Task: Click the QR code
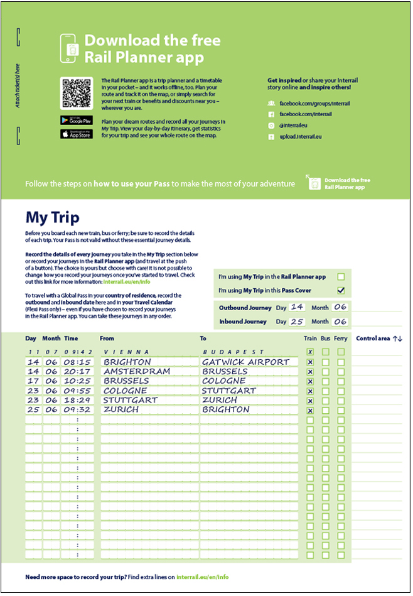click(x=76, y=93)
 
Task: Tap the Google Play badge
click(x=76, y=120)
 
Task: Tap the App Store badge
click(x=76, y=134)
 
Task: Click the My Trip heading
click(x=52, y=217)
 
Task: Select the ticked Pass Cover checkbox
click(x=341, y=290)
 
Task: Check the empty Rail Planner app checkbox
click(x=341, y=276)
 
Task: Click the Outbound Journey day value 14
click(x=297, y=306)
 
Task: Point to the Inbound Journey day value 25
click(x=297, y=321)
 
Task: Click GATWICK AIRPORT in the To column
click(x=245, y=362)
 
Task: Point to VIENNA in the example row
click(x=126, y=352)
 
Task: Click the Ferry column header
click(x=340, y=339)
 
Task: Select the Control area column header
click(x=378, y=339)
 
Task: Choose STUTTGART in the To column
click(x=229, y=391)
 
